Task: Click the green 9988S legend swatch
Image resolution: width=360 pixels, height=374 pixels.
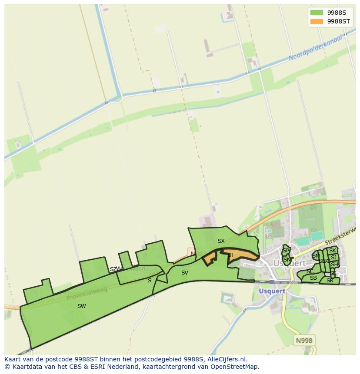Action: [316, 12]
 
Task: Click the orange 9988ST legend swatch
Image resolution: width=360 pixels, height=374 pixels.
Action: [316, 21]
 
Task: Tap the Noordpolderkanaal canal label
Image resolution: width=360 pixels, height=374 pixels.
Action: [316, 48]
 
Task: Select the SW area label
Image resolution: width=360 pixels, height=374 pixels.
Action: [81, 306]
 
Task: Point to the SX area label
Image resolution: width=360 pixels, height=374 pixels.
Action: [221, 241]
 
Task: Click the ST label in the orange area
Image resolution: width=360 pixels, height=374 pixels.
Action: [231, 255]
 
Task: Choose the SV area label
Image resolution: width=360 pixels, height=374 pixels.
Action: [185, 273]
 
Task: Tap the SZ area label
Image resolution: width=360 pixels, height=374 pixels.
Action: [113, 269]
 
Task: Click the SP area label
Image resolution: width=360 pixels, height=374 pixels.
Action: [286, 251]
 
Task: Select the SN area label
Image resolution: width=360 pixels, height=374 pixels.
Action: [287, 260]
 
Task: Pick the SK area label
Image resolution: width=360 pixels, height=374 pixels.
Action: [333, 251]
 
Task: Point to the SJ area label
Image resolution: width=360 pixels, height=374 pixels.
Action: [333, 258]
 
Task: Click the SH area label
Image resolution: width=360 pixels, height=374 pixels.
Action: [334, 265]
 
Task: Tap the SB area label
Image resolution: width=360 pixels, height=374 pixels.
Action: [313, 278]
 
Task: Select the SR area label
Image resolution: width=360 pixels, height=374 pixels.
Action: [330, 281]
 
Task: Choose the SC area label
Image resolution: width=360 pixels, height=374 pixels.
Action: [310, 271]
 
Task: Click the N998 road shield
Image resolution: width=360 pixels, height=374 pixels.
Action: [304, 341]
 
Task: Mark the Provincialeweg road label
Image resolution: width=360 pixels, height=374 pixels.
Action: [87, 294]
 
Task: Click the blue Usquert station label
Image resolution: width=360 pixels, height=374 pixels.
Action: [272, 291]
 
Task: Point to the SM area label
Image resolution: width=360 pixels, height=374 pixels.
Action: [316, 256]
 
